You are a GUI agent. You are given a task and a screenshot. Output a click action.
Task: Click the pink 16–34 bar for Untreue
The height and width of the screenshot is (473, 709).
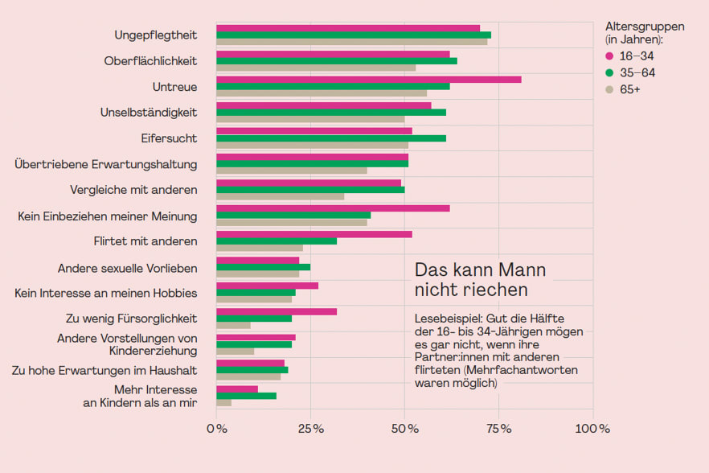click(369, 80)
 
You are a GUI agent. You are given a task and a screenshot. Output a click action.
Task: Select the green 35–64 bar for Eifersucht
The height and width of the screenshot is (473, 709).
click(331, 138)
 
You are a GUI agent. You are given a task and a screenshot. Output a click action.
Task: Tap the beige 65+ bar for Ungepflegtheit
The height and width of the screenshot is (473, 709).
click(352, 42)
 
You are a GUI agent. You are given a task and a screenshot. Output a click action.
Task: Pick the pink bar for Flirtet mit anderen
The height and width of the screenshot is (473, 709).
click(314, 234)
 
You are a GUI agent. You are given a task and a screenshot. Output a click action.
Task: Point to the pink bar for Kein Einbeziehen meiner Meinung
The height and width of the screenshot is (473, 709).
click(333, 208)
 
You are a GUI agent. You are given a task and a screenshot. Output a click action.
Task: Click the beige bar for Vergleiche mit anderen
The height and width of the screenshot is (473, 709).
click(281, 196)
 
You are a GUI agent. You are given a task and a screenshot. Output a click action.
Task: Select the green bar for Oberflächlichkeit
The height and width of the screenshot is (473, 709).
click(337, 61)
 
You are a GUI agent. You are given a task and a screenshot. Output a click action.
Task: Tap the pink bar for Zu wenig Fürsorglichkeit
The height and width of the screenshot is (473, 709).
click(277, 311)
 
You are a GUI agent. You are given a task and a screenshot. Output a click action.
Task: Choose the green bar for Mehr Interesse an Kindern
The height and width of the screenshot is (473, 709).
click(247, 396)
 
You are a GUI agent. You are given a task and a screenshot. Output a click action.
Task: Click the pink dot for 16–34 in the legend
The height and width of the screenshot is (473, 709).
click(609, 56)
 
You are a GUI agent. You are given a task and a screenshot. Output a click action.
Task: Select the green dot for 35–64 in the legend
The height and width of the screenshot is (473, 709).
click(609, 72)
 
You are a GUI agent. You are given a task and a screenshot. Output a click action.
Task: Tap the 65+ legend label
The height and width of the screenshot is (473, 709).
click(630, 89)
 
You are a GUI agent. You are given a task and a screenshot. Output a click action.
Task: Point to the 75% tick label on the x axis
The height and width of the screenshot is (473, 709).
click(499, 429)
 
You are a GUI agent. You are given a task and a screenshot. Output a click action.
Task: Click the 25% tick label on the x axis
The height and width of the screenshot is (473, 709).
click(311, 429)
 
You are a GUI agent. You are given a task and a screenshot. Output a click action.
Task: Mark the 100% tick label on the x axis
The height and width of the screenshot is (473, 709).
click(592, 429)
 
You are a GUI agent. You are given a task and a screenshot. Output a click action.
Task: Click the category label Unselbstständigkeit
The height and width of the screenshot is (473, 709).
click(149, 112)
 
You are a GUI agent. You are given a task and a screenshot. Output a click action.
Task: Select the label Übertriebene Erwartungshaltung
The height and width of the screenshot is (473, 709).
click(106, 164)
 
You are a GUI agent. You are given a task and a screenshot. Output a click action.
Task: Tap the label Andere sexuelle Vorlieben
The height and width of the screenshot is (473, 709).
click(127, 268)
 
